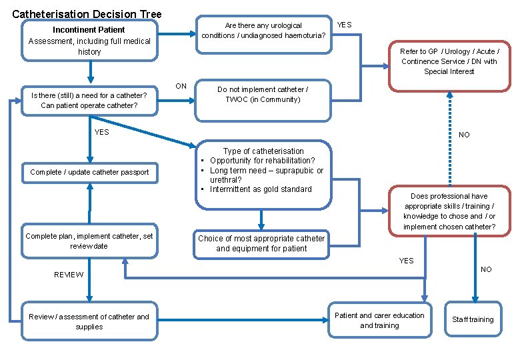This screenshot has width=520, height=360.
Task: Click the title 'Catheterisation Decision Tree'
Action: click(x=87, y=13)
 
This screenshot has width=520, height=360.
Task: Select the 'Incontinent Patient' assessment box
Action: click(x=89, y=41)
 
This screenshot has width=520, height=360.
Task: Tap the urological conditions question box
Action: click(x=264, y=31)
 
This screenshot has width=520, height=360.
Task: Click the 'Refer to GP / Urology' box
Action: click(x=449, y=61)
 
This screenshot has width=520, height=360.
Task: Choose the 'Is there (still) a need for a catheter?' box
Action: click(x=89, y=101)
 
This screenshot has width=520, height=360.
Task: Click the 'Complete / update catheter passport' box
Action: click(x=89, y=173)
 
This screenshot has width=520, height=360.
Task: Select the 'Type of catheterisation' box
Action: click(x=263, y=171)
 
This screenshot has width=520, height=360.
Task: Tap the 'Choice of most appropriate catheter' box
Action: click(x=261, y=243)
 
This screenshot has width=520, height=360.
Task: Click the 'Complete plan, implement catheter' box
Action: click(x=89, y=241)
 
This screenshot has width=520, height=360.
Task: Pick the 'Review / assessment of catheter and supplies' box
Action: click(x=89, y=322)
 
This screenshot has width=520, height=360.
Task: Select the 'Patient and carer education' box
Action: click(x=379, y=321)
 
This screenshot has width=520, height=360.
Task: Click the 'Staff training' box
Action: click(x=473, y=320)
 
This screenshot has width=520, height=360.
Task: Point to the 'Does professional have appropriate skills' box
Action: click(x=449, y=211)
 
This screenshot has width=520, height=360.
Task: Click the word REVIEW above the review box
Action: click(x=69, y=275)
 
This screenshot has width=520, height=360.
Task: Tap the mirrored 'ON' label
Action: click(x=181, y=87)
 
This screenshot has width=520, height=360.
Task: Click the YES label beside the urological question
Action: click(x=344, y=25)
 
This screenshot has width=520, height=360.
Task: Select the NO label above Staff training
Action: click(x=486, y=270)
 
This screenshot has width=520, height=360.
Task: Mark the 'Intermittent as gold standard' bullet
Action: click(x=260, y=189)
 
